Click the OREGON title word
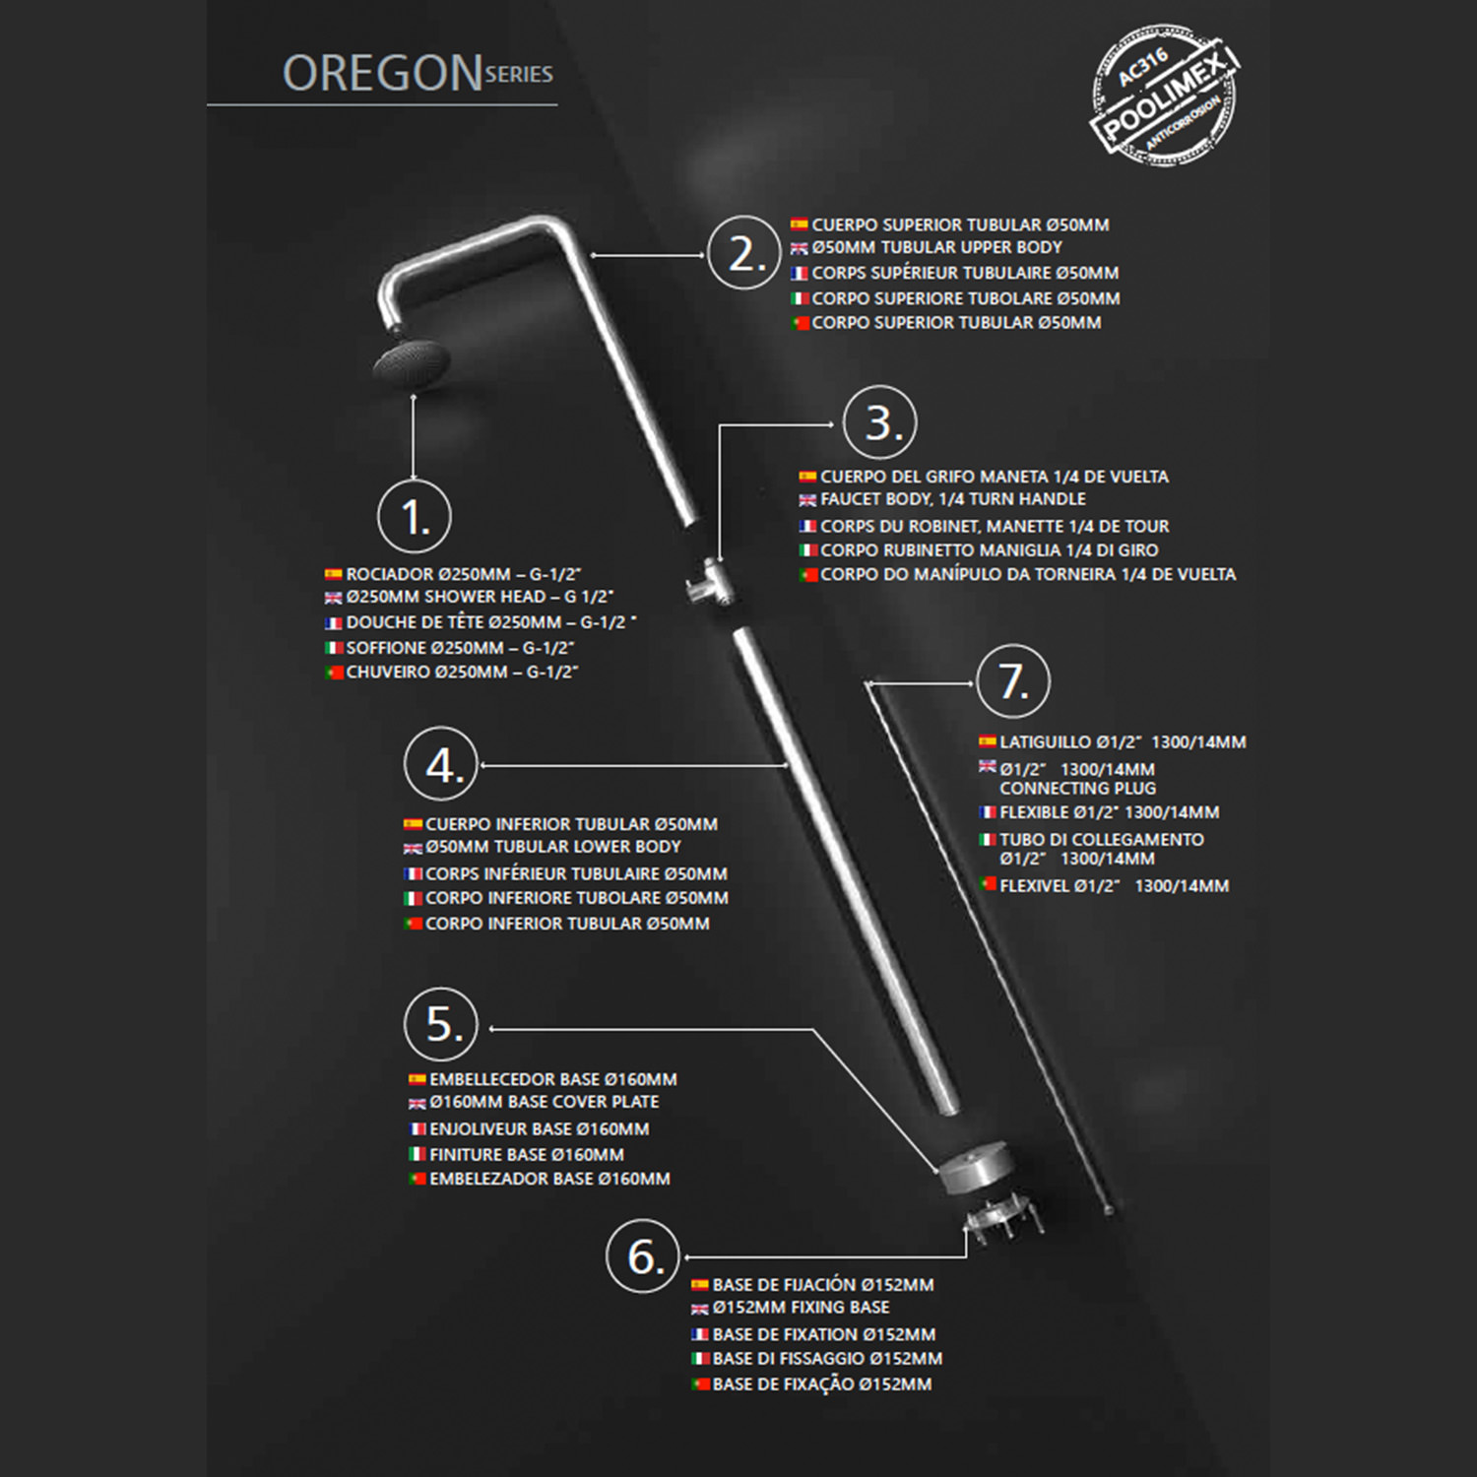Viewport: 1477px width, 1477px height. pos(382,74)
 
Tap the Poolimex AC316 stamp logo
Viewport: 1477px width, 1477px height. pos(1165,96)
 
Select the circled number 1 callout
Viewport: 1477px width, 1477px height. pos(415,517)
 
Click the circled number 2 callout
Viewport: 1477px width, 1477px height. pos(744,253)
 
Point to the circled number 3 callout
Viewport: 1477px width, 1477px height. pos(880,422)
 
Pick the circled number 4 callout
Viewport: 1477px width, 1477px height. pos(441,764)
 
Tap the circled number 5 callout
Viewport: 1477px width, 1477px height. pos(441,1024)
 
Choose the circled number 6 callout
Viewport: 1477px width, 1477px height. pos(643,1256)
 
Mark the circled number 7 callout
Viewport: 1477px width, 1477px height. pos(1013,680)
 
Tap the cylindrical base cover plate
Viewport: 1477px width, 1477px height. pos(974,1166)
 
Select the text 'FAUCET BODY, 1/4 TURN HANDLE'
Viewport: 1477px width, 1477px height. pos(953,499)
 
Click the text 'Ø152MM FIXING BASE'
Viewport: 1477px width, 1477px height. pos(801,1308)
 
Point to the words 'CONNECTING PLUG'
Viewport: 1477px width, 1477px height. pos(1078,789)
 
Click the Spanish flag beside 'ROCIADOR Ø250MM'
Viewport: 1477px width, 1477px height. pos(334,574)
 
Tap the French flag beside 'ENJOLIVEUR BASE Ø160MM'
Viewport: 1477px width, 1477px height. pos(417,1129)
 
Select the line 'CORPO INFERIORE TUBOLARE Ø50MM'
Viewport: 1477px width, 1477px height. pos(577,898)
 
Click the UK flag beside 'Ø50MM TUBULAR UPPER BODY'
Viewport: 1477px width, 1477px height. pos(800,249)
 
